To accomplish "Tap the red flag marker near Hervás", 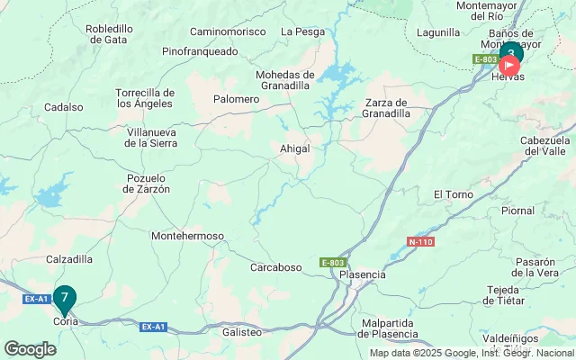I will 510,66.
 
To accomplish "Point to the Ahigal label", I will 295,148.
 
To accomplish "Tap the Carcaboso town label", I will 276,266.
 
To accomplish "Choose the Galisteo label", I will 241,332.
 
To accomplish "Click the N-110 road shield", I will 420,242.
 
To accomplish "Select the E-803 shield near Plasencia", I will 332,263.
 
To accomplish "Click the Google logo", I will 30,349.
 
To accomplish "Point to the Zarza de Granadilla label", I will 388,108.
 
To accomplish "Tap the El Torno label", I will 452,194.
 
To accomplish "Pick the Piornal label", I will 543,211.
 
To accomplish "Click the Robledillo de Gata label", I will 109,34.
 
